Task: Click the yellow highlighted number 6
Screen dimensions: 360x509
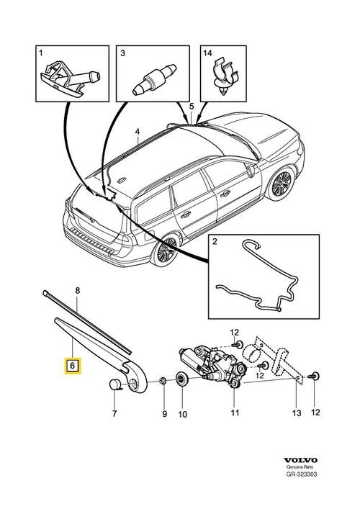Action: [x=73, y=366]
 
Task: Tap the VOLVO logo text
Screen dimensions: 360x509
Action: [x=300, y=460]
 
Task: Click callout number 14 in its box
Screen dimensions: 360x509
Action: [x=207, y=53]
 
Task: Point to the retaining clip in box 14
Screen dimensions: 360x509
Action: [x=225, y=76]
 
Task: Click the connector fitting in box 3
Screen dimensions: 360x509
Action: [x=154, y=80]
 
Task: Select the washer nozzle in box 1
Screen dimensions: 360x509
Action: [x=70, y=79]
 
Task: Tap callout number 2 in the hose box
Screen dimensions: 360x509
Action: [x=215, y=241]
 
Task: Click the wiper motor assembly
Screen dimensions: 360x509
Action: [x=213, y=364]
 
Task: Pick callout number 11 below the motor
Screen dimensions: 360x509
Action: [x=235, y=413]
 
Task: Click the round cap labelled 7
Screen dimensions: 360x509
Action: [x=114, y=385]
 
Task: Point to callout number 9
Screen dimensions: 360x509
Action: [x=165, y=414]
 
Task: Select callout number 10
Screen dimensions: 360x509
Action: [x=183, y=414]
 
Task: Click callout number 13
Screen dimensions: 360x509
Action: [x=297, y=413]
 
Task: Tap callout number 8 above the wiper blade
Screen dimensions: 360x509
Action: [x=77, y=291]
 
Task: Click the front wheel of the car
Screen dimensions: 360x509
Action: [x=281, y=184]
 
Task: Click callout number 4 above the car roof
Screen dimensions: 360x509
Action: [x=138, y=132]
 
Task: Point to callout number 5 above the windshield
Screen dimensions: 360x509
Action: [x=192, y=106]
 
